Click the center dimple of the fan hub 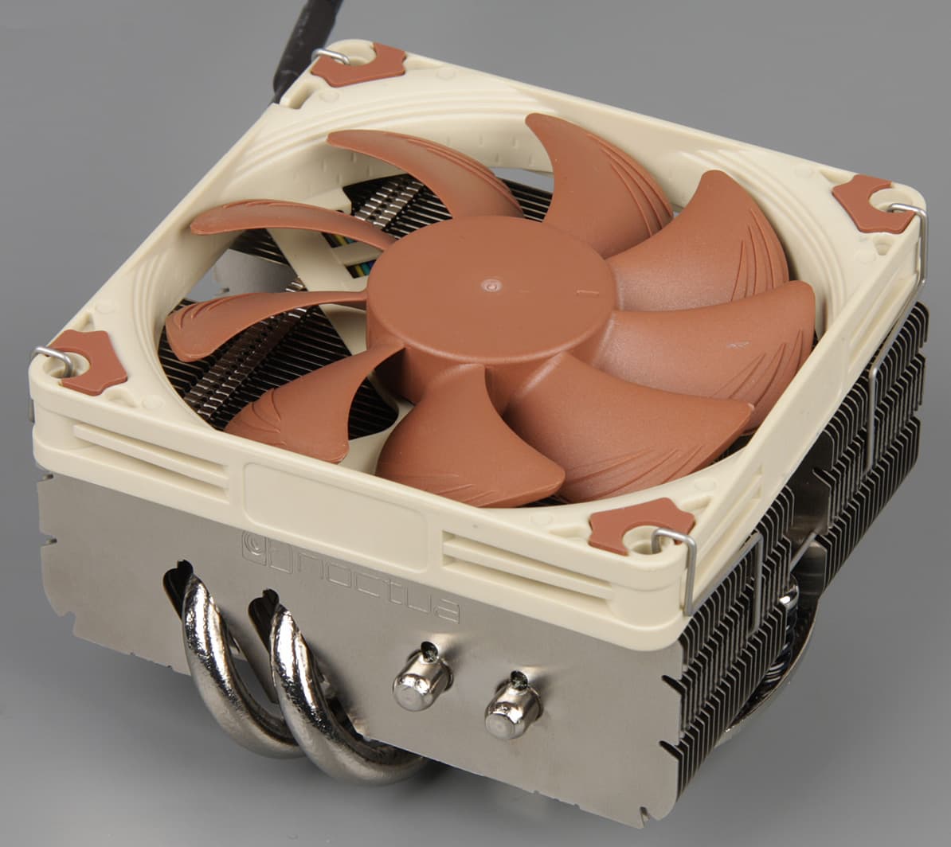click(x=490, y=282)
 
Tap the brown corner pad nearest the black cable click(x=358, y=64)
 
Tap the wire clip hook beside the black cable click(x=331, y=55)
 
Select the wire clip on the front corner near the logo click(x=680, y=567)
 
